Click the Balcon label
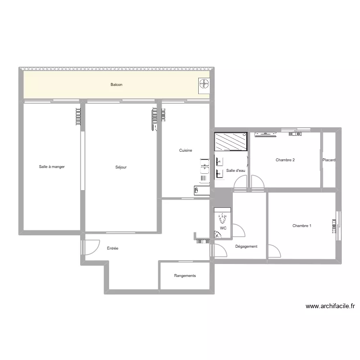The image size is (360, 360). click(x=116, y=85)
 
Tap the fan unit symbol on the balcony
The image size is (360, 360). click(x=204, y=84)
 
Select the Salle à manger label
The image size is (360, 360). click(x=52, y=167)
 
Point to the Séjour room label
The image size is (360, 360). click(x=121, y=167)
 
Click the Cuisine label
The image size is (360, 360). click(x=186, y=151)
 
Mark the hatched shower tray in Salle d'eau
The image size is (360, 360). click(x=230, y=141)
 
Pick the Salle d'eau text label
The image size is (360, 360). click(x=236, y=170)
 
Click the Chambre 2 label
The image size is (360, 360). click(x=285, y=160)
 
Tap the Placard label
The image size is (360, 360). click(x=329, y=160)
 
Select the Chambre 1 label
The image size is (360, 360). click(x=302, y=226)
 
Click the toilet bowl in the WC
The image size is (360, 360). click(x=222, y=218)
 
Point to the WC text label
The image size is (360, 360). click(x=223, y=228)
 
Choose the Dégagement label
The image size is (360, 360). click(x=246, y=246)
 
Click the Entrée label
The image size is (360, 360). click(x=112, y=248)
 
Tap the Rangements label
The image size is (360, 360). click(x=185, y=276)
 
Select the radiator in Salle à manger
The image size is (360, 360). click(x=78, y=117)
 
